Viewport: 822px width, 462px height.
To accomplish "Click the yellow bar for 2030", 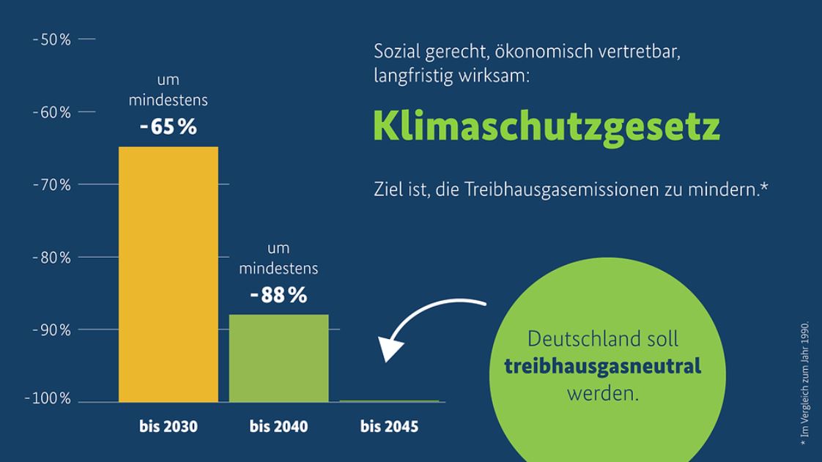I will (169, 275).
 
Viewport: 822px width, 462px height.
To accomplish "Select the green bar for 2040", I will (278, 358).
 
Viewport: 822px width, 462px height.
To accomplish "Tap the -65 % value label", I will (169, 127).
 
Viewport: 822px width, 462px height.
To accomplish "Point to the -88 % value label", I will (278, 296).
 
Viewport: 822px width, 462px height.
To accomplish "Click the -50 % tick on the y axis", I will (52, 40).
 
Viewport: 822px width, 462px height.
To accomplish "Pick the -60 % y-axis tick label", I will (52, 113).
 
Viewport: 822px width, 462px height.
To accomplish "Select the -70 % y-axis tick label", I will (52, 185).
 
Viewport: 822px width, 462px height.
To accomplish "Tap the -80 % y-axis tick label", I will (52, 258).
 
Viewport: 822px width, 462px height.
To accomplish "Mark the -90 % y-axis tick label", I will (52, 329).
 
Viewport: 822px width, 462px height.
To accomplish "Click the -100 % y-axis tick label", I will (48, 399).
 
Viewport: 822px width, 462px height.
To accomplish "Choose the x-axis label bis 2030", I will (169, 426).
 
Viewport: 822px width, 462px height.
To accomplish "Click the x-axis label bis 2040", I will (278, 426).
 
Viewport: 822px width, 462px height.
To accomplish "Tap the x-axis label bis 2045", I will (389, 426).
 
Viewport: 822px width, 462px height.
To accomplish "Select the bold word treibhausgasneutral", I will (602, 365).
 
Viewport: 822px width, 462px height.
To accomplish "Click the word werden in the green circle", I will (602, 392).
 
